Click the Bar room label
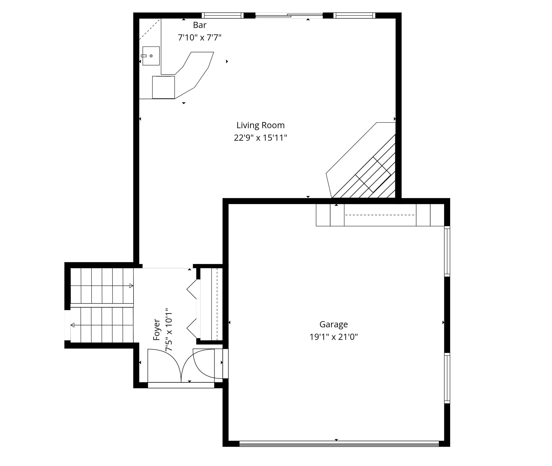coord(199,25)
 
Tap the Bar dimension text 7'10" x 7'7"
coord(199,38)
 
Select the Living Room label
coord(261,125)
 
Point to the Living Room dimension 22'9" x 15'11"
coord(261,138)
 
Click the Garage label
coord(334,324)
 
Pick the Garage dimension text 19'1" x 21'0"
coord(334,337)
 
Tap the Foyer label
coord(157,330)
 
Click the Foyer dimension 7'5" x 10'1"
coord(169,330)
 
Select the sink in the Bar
coord(151,56)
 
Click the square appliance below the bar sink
coord(164,87)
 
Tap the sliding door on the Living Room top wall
coord(289,16)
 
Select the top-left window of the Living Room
coord(223,16)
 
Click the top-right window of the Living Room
coord(354,16)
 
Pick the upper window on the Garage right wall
coord(447,251)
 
